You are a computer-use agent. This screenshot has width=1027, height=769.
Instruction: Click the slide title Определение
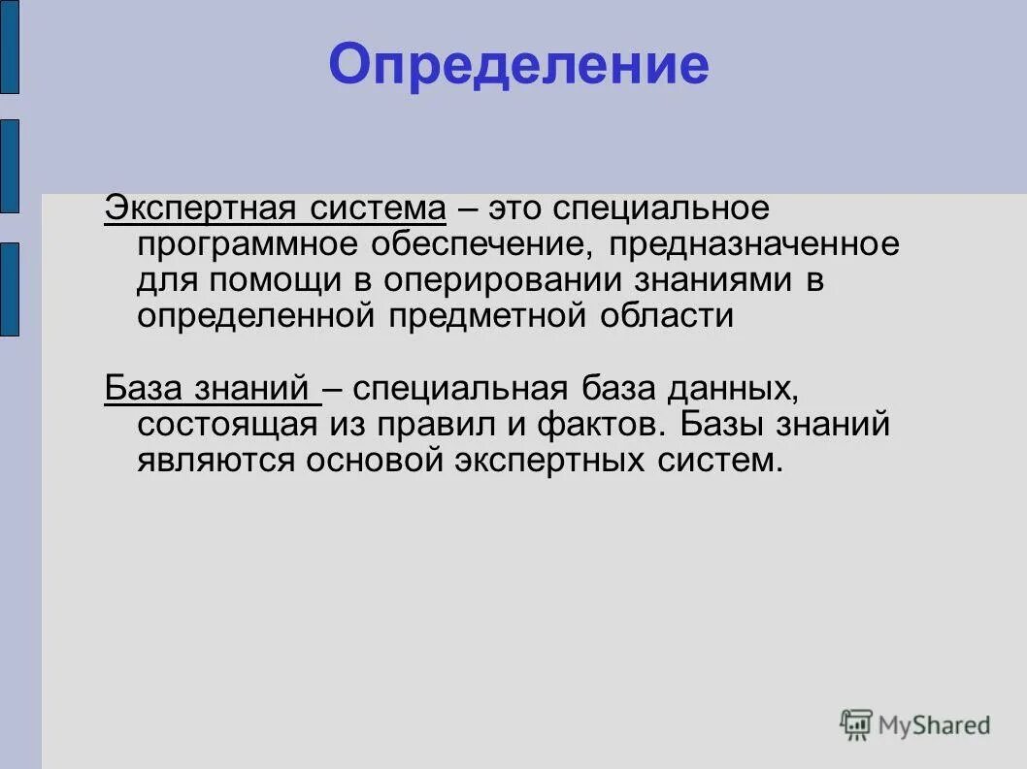tap(518, 66)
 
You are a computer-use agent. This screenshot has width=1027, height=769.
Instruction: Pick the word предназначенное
tap(754, 244)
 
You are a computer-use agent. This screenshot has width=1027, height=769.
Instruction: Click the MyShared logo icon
tap(856, 723)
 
